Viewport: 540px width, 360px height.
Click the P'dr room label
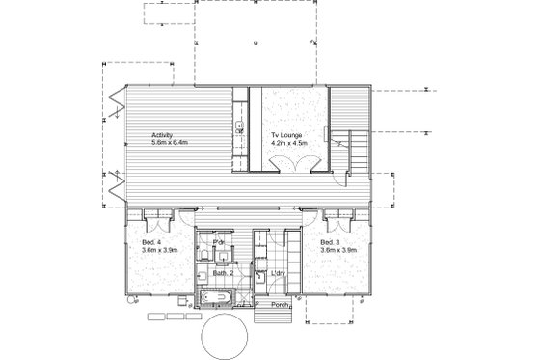(219, 241)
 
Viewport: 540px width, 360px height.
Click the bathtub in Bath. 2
(217, 294)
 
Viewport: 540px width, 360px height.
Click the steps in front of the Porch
(264, 315)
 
